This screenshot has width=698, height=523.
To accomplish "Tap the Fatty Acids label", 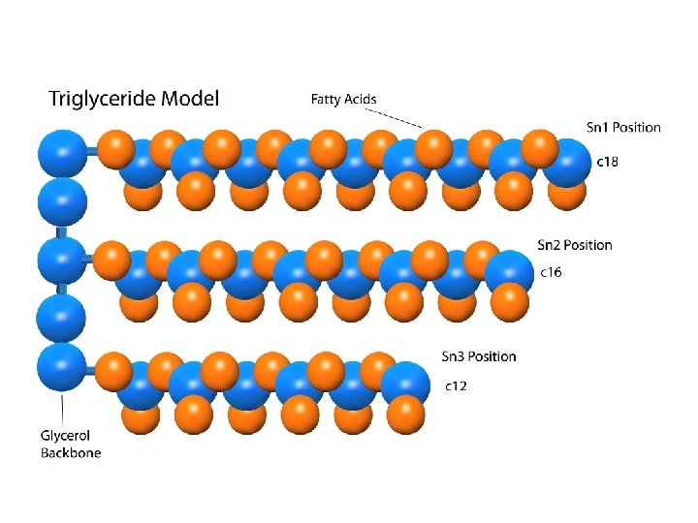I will [343, 99].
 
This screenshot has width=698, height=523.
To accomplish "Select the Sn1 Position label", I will [623, 127].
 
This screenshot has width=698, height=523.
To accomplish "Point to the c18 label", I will [607, 162].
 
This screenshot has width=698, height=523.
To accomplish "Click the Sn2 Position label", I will [575, 245].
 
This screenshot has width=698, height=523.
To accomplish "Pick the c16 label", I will [551, 273].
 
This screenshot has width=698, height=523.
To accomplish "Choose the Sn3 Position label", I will [479, 356].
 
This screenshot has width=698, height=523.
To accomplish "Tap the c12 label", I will [456, 386].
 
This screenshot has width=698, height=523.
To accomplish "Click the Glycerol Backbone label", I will [70, 445].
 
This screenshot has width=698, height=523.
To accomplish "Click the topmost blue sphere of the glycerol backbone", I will [61, 152].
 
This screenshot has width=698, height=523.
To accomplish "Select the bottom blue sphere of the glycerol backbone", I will [61, 367].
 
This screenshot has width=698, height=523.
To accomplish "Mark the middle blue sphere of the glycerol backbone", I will [61, 260].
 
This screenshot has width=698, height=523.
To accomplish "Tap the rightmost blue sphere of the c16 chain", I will [509, 274].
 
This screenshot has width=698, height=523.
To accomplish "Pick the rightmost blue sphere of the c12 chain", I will [405, 385].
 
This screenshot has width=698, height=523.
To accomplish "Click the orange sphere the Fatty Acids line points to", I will [432, 147].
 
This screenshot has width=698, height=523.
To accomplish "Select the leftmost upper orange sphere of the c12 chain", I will [116, 371].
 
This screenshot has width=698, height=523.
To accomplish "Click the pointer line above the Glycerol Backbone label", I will [63, 406].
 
